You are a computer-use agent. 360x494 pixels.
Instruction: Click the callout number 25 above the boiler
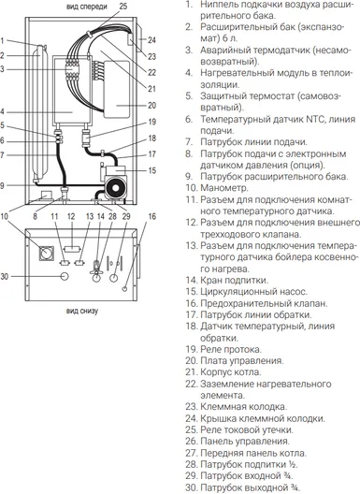123,7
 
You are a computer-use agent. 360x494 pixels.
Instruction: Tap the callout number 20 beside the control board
152,105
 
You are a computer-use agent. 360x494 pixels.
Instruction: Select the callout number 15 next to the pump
152,170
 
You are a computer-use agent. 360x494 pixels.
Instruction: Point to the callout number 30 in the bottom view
5,277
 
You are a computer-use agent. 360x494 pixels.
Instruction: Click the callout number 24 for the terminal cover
151,40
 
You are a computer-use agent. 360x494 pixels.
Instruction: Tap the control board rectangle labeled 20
117,90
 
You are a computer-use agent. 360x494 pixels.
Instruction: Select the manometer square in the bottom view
47,254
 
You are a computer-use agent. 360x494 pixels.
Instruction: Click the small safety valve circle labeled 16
124,289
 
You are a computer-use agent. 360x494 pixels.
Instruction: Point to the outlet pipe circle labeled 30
65,276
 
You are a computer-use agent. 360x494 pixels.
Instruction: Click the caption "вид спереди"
87,7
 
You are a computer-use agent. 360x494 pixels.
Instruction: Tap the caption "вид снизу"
82,312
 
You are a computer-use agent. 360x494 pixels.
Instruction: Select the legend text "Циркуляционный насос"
253,292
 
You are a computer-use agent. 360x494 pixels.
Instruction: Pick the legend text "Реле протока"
231,349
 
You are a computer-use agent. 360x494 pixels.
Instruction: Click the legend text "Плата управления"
242,361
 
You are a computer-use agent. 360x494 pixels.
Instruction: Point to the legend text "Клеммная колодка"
243,407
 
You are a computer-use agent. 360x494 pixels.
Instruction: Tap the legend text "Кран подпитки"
234,280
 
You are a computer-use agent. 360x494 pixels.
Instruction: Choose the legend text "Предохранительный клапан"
264,303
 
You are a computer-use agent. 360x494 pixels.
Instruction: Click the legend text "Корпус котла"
231,372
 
